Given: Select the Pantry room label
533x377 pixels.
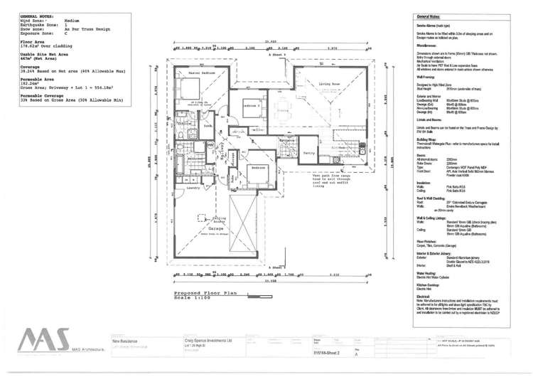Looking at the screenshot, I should point(308,152).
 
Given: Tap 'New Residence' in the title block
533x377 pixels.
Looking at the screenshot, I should point(129,341).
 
